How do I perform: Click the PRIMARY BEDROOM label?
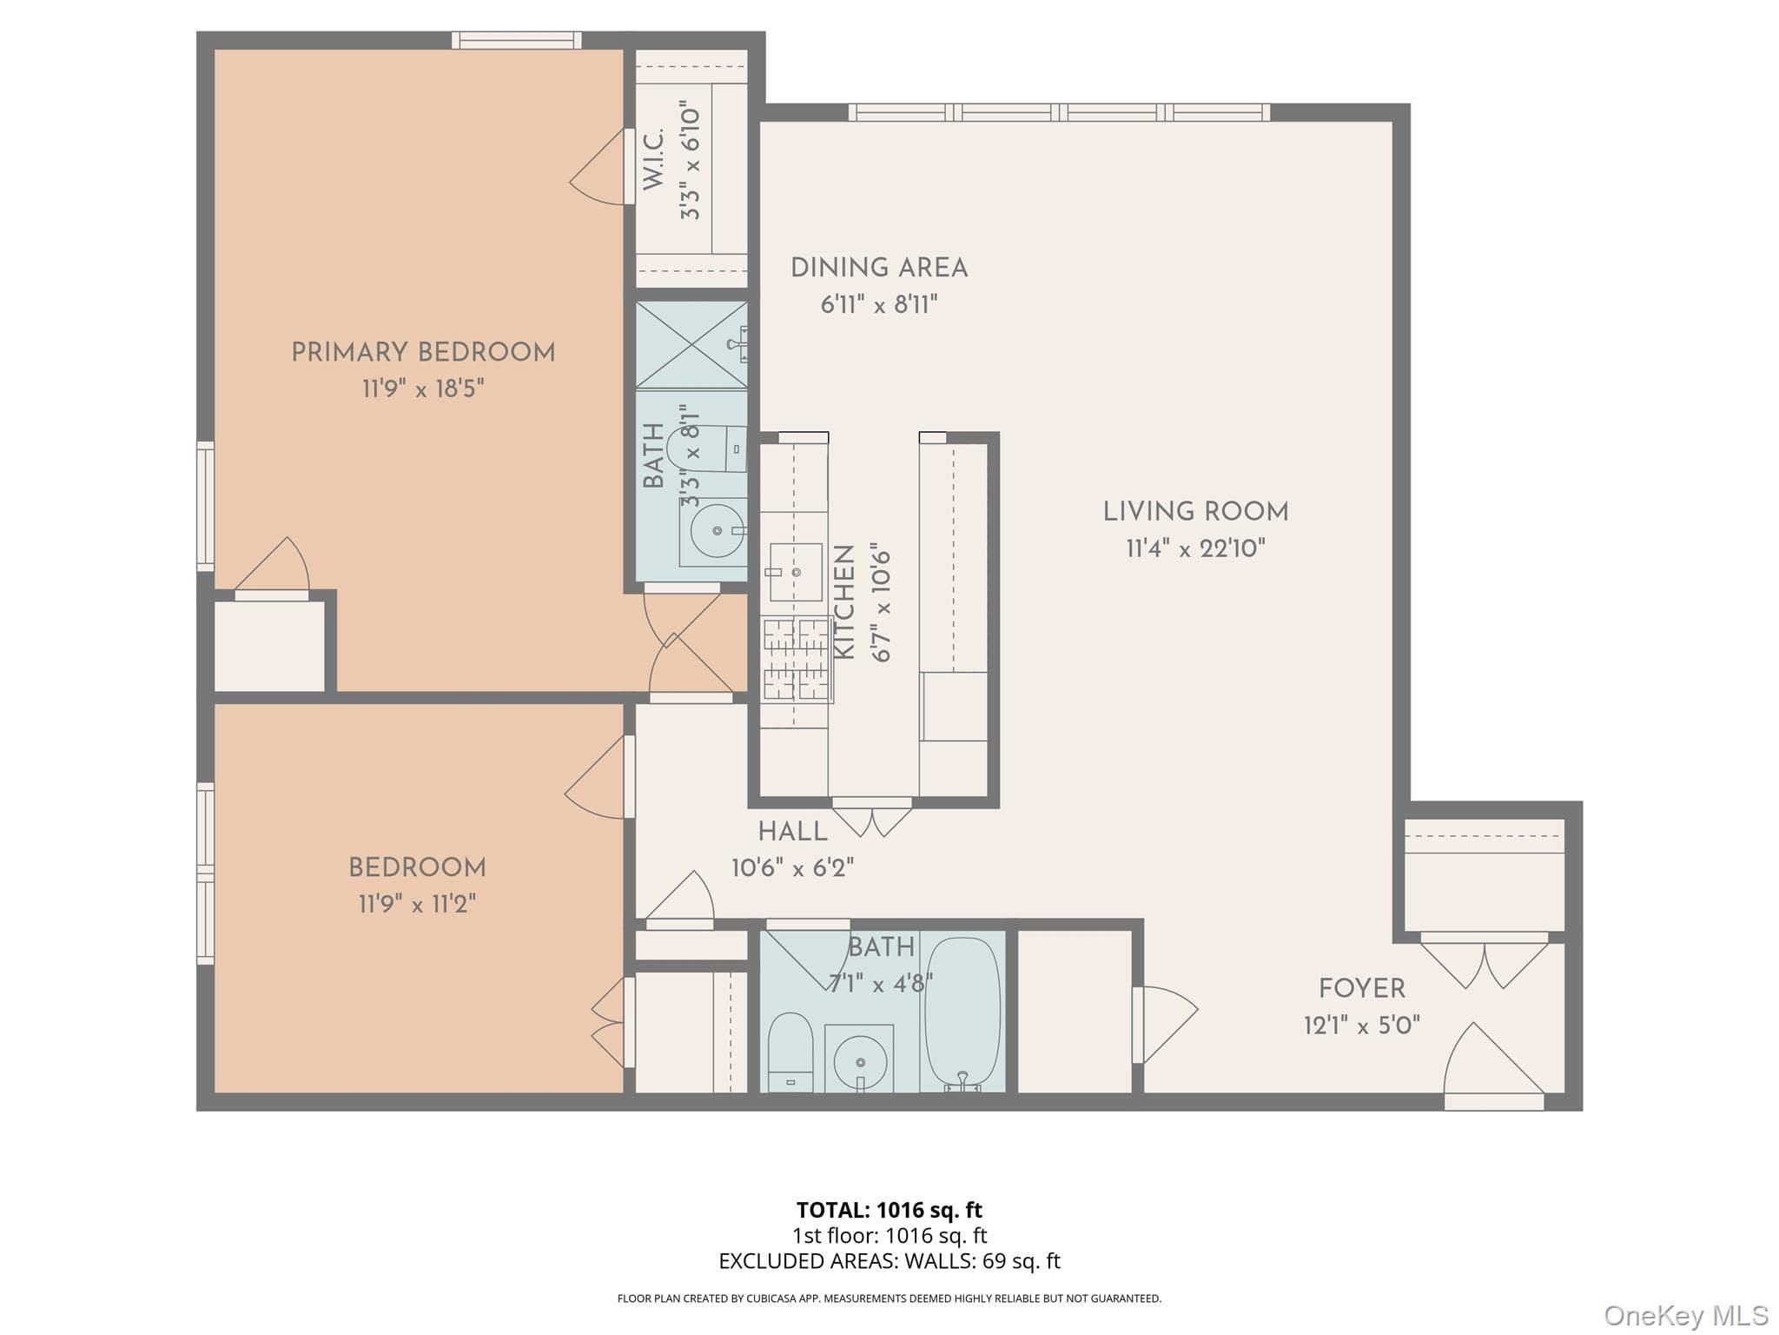tap(423, 352)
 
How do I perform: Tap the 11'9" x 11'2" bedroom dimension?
tap(418, 904)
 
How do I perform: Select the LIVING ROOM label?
tap(1195, 511)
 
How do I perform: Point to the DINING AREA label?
tap(879, 268)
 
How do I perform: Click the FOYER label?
tap(1361, 988)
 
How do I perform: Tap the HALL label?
tap(792, 832)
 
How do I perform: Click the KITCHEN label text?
tap(844, 601)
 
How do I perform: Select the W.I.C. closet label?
tap(653, 159)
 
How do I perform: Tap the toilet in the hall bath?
tap(790, 1052)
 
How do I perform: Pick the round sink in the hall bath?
tap(860, 1061)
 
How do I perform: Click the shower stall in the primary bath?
tap(691, 345)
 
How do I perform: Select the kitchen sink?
tap(796, 572)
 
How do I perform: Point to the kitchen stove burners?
tap(797, 659)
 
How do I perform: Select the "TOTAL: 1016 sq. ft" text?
tap(889, 1210)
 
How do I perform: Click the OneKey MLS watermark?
tap(1686, 1315)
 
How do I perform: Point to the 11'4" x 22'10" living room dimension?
tap(1195, 548)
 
